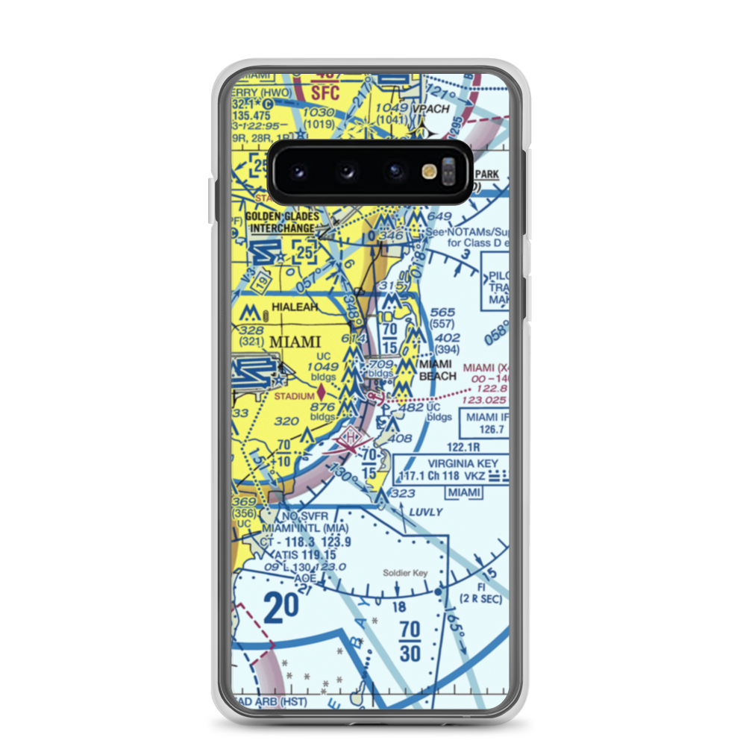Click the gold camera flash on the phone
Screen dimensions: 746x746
pyautogui.click(x=429, y=172)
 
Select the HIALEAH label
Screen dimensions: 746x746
pyautogui.click(x=295, y=307)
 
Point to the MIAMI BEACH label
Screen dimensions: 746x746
pyautogui.click(x=438, y=370)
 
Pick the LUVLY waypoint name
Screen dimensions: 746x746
pyautogui.click(x=426, y=513)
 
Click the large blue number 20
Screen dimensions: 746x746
pyautogui.click(x=280, y=607)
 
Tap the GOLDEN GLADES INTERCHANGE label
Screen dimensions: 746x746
pyautogui.click(x=284, y=222)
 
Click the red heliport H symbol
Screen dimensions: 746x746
pyautogui.click(x=351, y=438)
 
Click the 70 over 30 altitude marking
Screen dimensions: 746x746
pyautogui.click(x=410, y=642)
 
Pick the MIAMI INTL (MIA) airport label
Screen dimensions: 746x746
pyautogui.click(x=298, y=528)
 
